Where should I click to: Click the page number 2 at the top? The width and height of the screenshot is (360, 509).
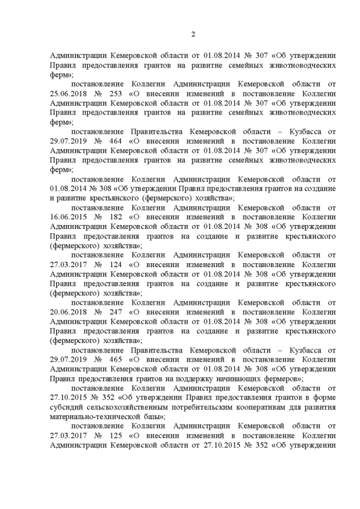click(193, 34)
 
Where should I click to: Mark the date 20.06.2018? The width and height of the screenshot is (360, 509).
click(70, 313)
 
